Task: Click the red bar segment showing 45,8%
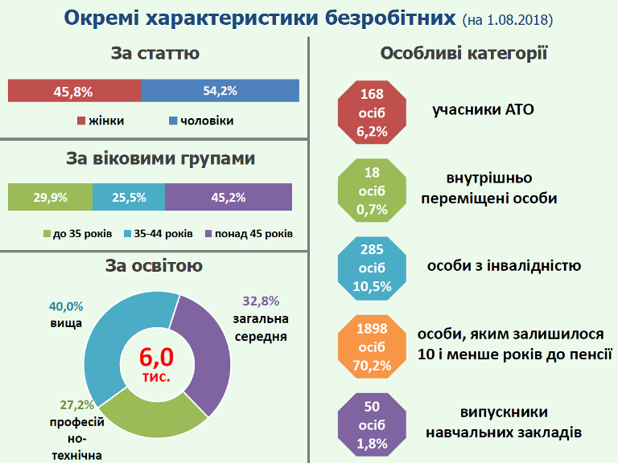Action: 75,91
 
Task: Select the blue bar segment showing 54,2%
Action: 220,91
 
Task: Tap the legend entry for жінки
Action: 101,121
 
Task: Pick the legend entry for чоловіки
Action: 201,121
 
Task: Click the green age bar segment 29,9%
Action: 50,197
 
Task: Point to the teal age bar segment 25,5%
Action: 129,197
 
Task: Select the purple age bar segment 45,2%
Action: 229,197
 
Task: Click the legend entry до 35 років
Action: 77,234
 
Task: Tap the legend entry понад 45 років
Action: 249,234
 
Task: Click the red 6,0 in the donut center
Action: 156,358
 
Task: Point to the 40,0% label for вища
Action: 66,306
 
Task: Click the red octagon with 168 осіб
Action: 372,113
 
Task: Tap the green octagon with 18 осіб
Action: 372,191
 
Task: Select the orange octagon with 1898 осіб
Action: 372,347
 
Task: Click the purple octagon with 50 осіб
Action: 372,424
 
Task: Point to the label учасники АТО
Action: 483,109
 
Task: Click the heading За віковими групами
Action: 160,158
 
